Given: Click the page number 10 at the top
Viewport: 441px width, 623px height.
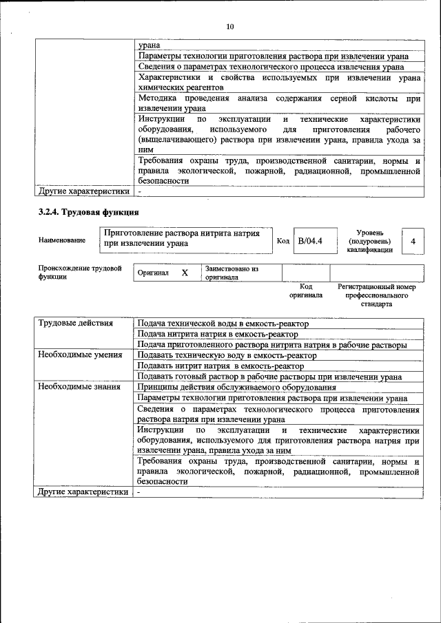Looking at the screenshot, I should point(230,26).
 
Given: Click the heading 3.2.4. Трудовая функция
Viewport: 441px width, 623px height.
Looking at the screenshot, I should point(89,212).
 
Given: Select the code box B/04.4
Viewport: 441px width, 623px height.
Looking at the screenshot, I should point(310,241).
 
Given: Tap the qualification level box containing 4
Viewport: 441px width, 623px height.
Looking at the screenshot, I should point(413,242).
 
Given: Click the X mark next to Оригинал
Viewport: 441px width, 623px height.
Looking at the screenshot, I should point(185,273).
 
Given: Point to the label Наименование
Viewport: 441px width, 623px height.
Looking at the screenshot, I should point(62,240).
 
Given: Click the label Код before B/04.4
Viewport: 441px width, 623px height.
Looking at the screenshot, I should point(283,241).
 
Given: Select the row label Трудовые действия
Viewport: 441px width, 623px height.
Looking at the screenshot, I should point(67,324).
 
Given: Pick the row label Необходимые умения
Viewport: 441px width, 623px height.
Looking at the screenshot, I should point(71,355).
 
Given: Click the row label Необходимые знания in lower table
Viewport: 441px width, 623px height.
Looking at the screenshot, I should point(70,387).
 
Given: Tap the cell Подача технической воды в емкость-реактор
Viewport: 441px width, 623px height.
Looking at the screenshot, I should point(223,324).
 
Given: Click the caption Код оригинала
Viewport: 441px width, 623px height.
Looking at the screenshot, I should point(306,291).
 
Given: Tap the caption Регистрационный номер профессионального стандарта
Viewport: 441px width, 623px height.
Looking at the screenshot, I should point(376,295).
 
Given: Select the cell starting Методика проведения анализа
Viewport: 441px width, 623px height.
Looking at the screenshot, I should point(278,103).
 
